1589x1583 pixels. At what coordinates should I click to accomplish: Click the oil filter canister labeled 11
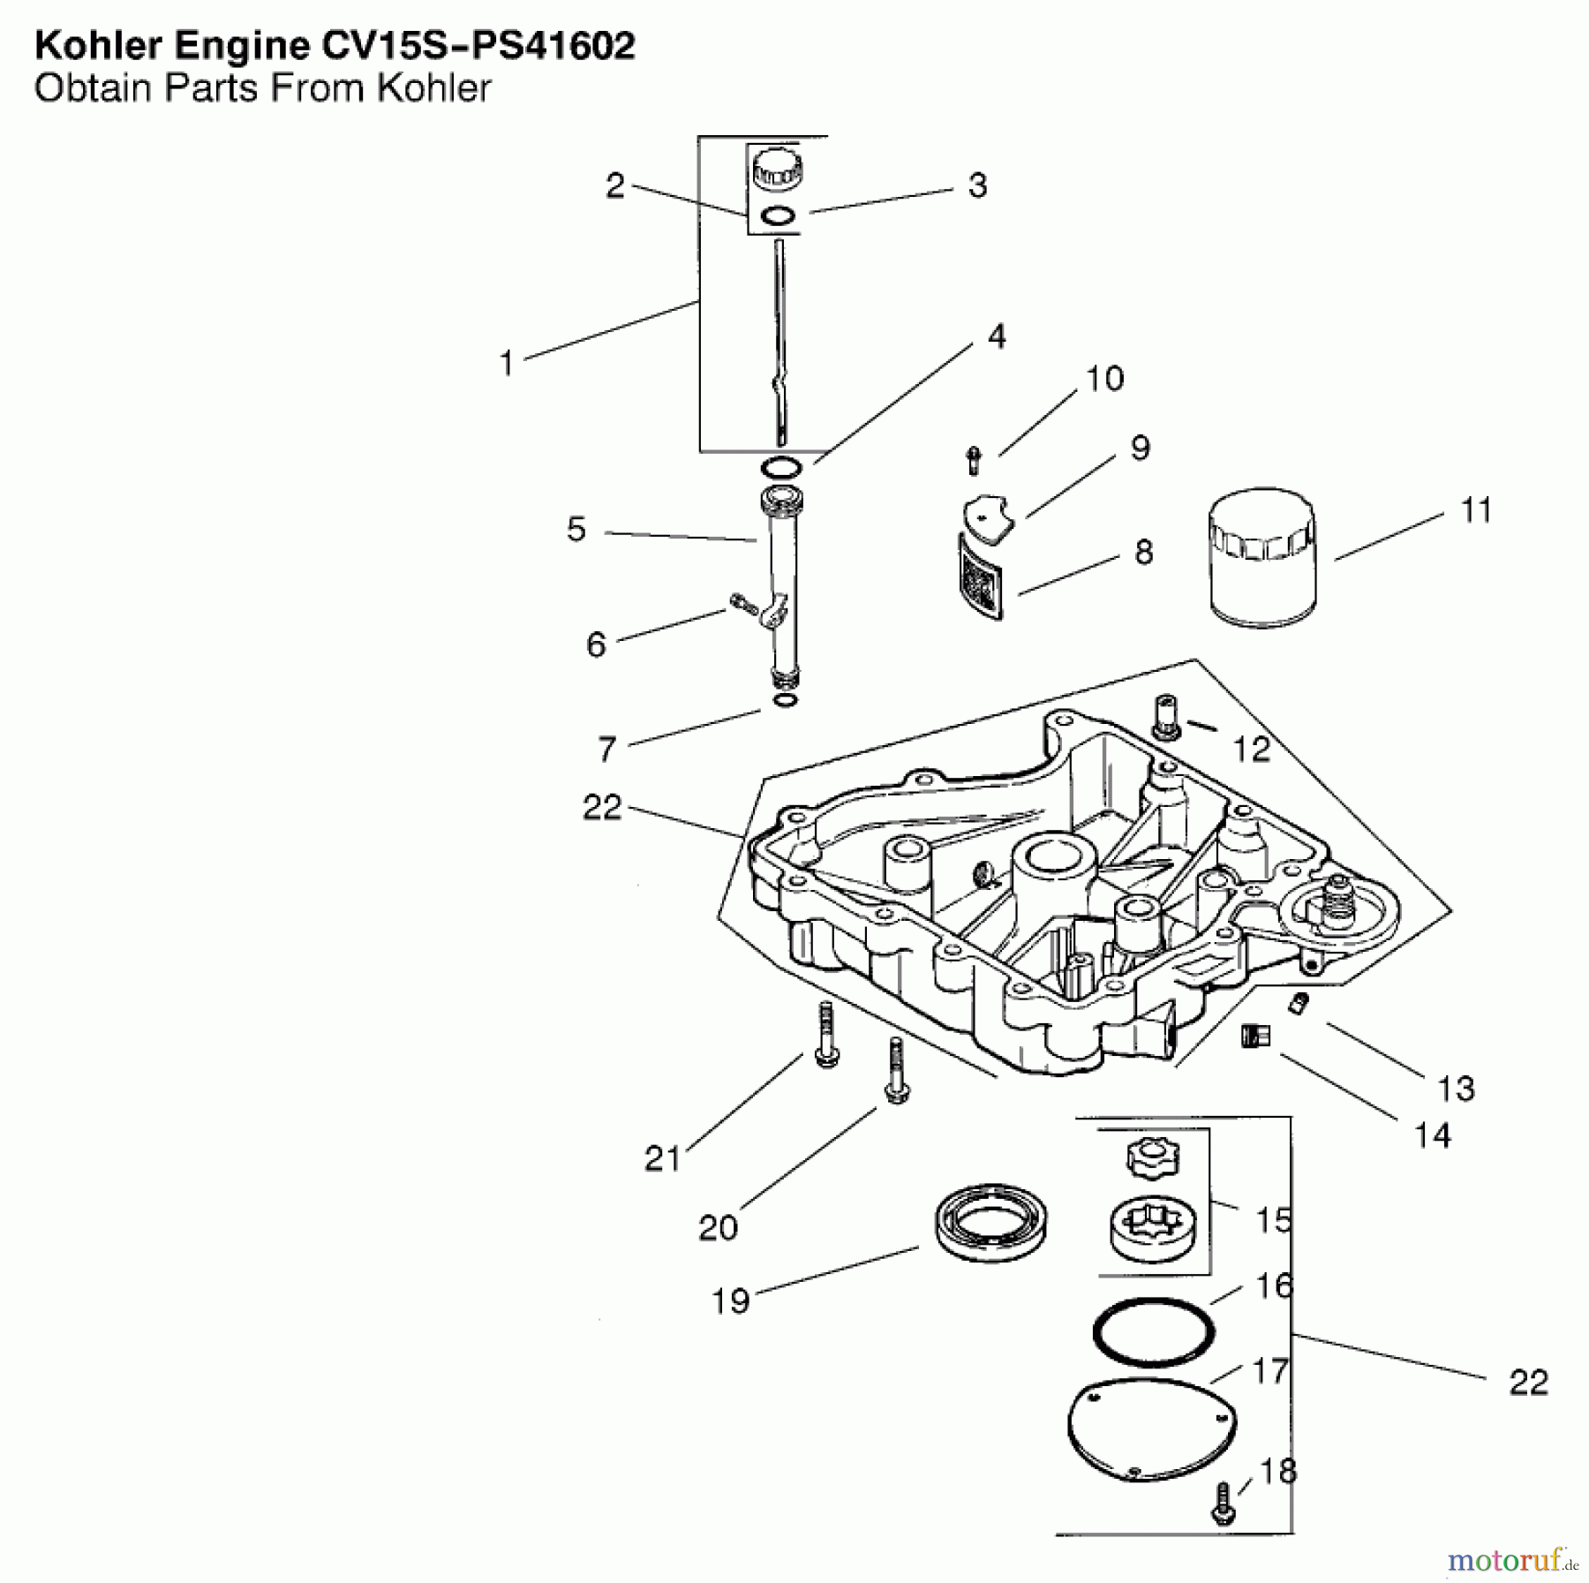pyautogui.click(x=1263, y=558)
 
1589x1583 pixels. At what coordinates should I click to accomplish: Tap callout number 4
pyautogui.click(x=997, y=335)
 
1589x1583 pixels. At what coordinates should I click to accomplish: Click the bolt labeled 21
pyautogui.click(x=825, y=1037)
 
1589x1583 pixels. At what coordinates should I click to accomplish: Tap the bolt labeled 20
pyautogui.click(x=896, y=1072)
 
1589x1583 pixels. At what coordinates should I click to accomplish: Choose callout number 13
pyautogui.click(x=1456, y=1089)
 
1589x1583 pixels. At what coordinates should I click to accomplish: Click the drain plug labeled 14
pyautogui.click(x=1254, y=1035)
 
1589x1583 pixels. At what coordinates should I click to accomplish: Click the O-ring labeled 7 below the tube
pyautogui.click(x=784, y=700)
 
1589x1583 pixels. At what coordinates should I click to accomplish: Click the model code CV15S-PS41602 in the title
pyautogui.click(x=478, y=46)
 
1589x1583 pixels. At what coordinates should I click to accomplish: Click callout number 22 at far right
pyautogui.click(x=1528, y=1382)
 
